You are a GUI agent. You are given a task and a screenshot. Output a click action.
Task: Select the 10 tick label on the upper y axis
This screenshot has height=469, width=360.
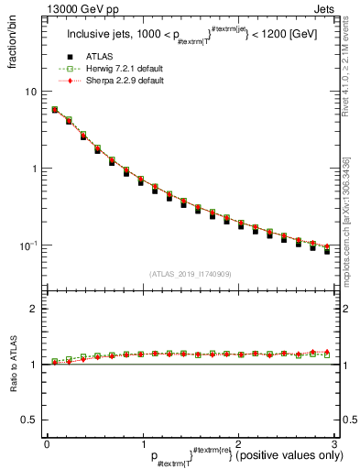31,92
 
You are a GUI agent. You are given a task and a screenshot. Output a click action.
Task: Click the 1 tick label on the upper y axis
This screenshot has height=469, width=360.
34,169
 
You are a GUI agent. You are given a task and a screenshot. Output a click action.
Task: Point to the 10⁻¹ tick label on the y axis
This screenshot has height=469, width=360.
29,245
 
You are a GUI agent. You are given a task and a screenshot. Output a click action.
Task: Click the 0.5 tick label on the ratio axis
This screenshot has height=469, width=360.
29,420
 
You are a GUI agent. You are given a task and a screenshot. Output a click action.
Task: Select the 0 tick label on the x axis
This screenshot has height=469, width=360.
47,442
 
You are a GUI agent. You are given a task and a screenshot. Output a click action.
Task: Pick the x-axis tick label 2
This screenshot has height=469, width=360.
238,442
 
